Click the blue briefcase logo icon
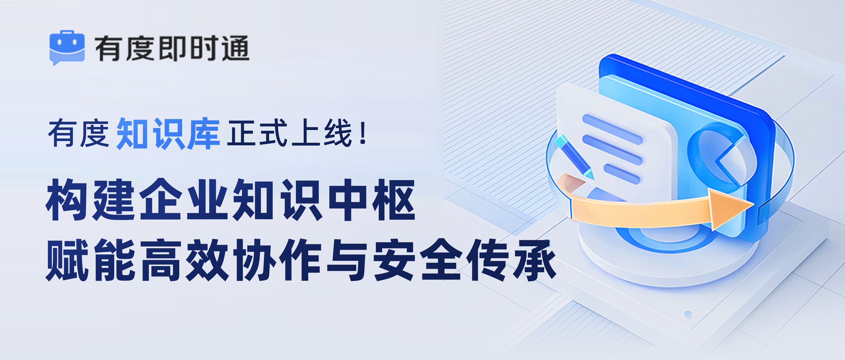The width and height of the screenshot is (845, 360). pos(67,48)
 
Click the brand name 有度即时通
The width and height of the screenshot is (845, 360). pos(172,49)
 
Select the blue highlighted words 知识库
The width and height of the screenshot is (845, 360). pos(168,134)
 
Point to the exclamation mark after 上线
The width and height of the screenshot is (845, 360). pos(363,133)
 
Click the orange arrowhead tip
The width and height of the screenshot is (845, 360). pos(753,205)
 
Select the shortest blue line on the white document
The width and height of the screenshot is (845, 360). pos(622,174)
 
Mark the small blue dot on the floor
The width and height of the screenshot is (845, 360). pos(688,314)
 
